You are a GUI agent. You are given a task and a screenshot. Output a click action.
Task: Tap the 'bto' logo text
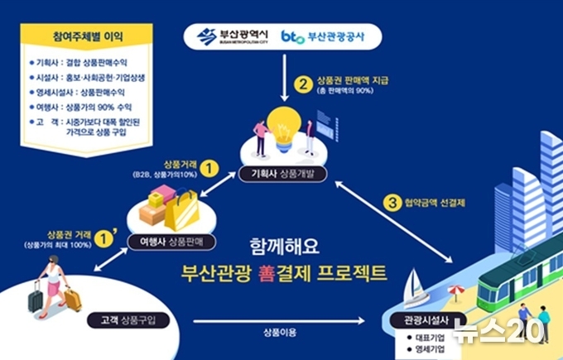click(292, 36)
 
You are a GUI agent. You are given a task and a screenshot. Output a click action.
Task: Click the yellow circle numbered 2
click(303, 84)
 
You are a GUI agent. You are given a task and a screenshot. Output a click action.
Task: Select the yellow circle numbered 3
click(392, 203)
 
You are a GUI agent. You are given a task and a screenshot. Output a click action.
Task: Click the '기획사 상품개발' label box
click(282, 174)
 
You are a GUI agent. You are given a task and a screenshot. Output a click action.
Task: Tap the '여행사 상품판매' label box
click(171, 242)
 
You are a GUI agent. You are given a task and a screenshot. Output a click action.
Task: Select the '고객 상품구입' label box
click(128, 320)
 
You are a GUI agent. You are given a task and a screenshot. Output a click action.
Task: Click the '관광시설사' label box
click(426, 320)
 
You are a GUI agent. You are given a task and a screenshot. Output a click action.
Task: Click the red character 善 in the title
click(267, 273)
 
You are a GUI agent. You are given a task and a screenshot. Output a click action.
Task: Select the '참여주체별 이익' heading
click(88, 36)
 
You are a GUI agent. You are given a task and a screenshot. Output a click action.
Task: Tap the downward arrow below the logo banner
click(284, 78)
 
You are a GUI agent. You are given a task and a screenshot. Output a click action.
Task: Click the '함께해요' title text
click(284, 247)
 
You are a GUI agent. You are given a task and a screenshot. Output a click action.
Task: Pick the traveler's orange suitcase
click(73, 298)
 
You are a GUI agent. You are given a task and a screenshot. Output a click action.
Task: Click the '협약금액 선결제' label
click(435, 203)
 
